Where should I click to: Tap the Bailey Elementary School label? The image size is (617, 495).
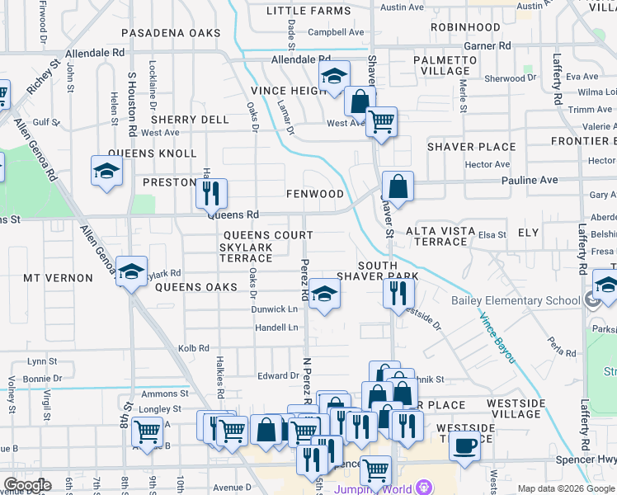coord(515,300)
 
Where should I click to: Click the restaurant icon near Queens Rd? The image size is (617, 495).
coord(211,193)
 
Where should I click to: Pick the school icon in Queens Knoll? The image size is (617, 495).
coord(106,170)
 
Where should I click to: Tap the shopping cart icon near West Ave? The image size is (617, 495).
coord(380,122)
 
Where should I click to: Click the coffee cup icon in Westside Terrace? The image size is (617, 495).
coord(464,445)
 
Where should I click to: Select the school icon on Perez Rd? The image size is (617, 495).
coord(324,295)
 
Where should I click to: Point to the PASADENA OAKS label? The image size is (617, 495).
coord(171,33)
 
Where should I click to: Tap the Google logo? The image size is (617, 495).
coord(27,485)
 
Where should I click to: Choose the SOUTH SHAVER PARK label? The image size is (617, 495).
coord(377,270)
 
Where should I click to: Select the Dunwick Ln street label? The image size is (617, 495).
coord(275,309)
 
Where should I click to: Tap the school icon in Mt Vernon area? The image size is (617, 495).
coord(131,272)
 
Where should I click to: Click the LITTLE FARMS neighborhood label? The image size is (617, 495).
coord(309,11)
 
